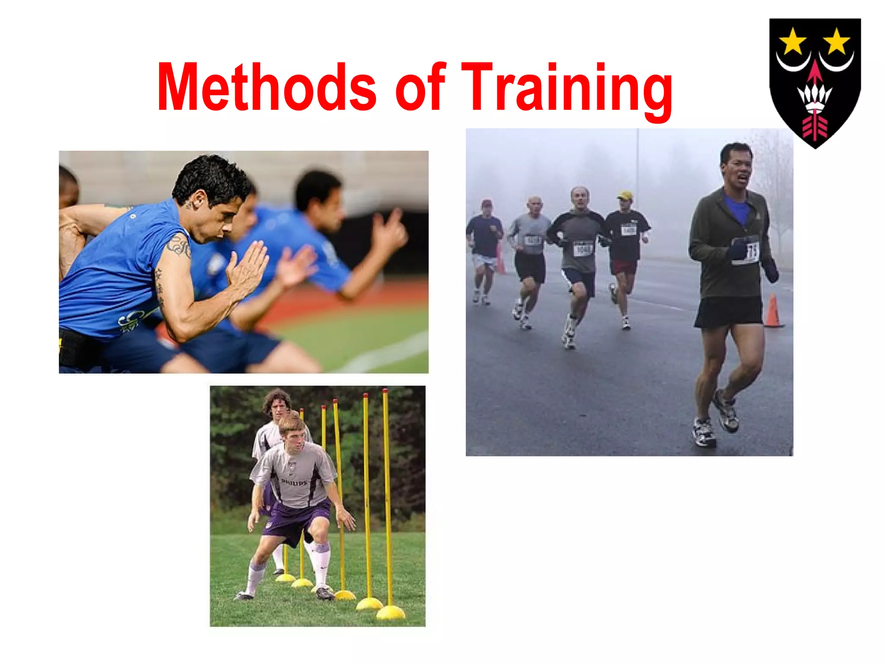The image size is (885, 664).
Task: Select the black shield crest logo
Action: (815, 82)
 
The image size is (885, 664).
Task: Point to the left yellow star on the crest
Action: (793, 41)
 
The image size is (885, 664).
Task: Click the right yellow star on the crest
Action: (837, 41)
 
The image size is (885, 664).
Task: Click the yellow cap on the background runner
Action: (625, 195)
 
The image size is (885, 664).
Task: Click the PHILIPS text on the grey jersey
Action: (294, 482)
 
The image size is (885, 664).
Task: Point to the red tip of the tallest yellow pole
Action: (385, 392)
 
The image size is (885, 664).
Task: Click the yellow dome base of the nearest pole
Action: (390, 612)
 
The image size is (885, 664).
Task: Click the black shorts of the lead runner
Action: (729, 311)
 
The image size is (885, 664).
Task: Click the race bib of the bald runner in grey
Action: (533, 240)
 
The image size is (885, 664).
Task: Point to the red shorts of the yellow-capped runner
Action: (623, 266)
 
